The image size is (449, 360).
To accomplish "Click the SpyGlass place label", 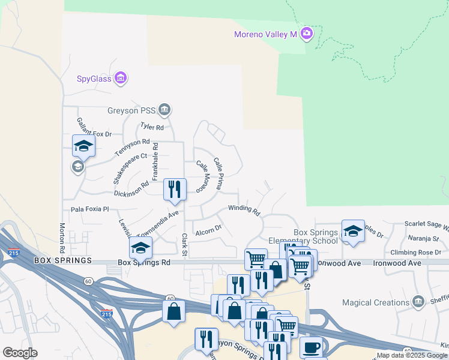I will click(95, 78).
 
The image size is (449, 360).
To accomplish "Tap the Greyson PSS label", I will click(133, 110).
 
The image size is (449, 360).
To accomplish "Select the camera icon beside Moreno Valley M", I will click(307, 33).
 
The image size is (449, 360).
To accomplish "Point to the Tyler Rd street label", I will click(151, 127).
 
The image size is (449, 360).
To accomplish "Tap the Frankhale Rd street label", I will click(155, 161).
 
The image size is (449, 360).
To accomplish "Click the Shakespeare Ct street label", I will click(130, 168).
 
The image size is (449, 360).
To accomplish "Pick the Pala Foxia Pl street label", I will click(89, 209).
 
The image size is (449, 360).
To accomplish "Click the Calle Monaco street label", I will click(206, 175).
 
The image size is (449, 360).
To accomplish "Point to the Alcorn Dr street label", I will click(209, 228).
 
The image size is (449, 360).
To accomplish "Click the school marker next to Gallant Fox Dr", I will click(83, 145).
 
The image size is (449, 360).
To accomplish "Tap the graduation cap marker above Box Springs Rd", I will click(140, 247).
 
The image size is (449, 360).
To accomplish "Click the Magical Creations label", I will click(375, 302).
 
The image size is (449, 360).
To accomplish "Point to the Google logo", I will click(20, 353).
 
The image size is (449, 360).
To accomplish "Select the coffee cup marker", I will click(311, 347).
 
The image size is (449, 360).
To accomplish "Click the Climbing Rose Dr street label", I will click(415, 253).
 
